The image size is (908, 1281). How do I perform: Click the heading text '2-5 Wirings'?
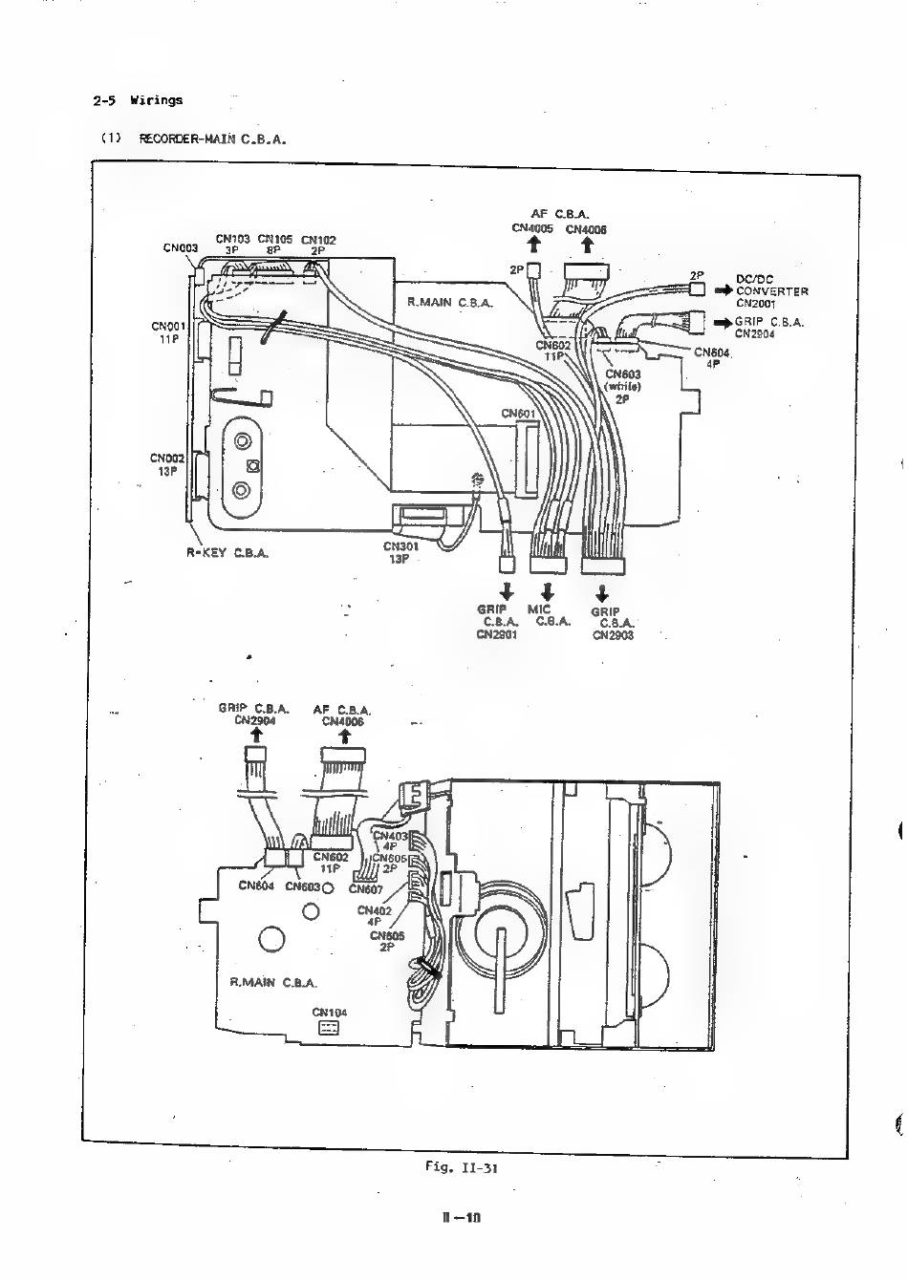pyautogui.click(x=138, y=100)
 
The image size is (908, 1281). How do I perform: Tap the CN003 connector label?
pyautogui.click(x=179, y=248)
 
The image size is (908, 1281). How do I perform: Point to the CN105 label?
pyautogui.click(x=274, y=239)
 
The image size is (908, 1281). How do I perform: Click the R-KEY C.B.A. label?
pyautogui.click(x=227, y=553)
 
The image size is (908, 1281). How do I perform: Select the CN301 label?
pyautogui.click(x=400, y=547)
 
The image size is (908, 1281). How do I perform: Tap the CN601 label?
pyautogui.click(x=519, y=414)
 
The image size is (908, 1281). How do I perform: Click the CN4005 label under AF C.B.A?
pyautogui.click(x=532, y=229)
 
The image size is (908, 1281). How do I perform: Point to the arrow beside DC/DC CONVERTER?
pyautogui.click(x=723, y=285)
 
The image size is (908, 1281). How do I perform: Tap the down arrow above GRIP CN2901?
pyautogui.click(x=507, y=589)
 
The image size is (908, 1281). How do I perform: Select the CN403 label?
pyautogui.click(x=390, y=836)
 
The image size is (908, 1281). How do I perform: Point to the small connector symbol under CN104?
pyautogui.click(x=329, y=1029)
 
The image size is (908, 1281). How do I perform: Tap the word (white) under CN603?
pyautogui.click(x=622, y=387)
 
